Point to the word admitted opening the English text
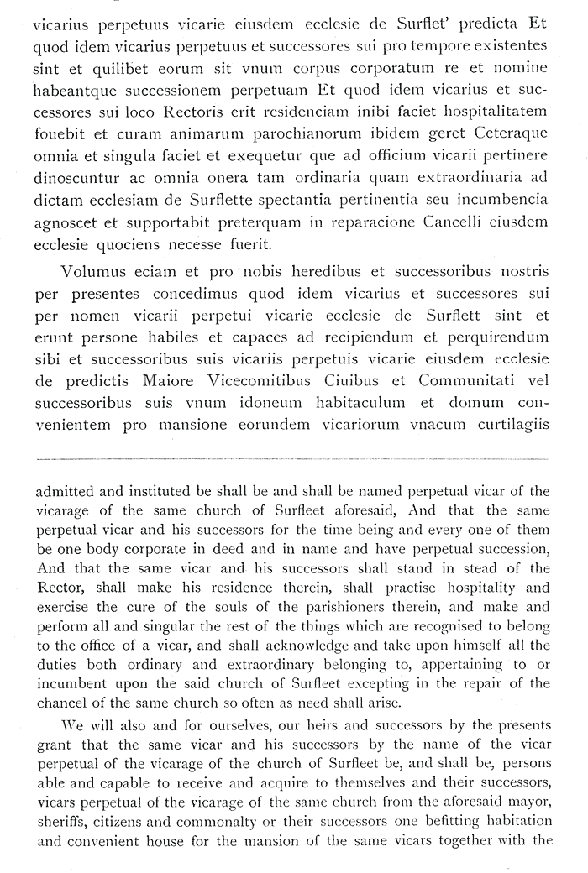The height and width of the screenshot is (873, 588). (x=71, y=491)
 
